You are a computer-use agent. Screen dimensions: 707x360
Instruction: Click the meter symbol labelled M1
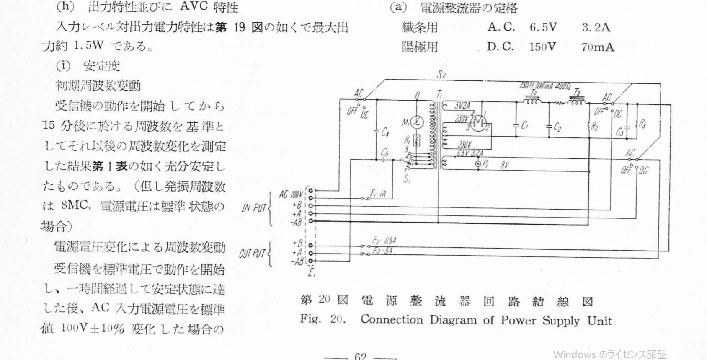(x=417, y=122)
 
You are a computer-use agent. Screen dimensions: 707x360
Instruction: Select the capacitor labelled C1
(x=516, y=125)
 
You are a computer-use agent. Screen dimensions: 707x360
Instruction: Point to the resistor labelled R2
(x=589, y=125)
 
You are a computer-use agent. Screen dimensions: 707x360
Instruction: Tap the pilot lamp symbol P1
(x=478, y=164)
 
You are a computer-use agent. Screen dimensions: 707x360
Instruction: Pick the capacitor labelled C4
(x=377, y=132)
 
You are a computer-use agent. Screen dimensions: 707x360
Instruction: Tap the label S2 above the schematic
(x=441, y=75)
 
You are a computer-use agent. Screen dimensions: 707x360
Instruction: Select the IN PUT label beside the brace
(x=253, y=208)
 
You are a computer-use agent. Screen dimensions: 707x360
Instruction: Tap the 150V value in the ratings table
(x=542, y=47)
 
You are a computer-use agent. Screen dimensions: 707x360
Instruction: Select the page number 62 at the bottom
(x=361, y=356)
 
